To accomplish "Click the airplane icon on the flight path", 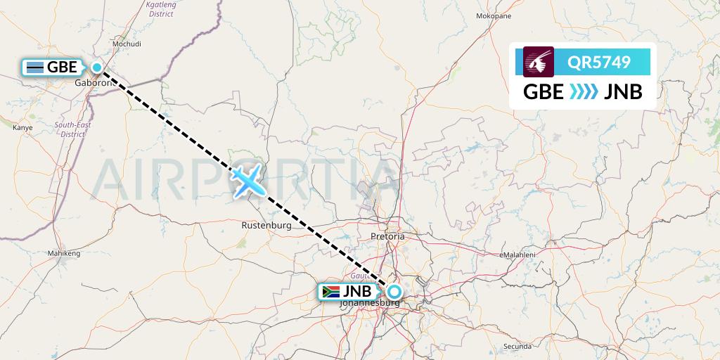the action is [247, 180].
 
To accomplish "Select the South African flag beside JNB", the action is [329, 292].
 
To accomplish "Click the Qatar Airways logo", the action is [539, 62].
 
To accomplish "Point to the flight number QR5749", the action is [600, 63].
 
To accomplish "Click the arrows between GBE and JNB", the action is [583, 92].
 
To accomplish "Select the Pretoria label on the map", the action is [387, 237].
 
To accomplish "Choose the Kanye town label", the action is [23, 128].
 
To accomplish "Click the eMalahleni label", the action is [519, 255].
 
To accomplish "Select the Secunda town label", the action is [517, 347].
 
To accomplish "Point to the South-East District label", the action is [72, 129].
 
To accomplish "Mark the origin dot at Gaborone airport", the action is [97, 68].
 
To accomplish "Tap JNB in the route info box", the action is [623, 92].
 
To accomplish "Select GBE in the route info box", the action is [544, 92].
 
